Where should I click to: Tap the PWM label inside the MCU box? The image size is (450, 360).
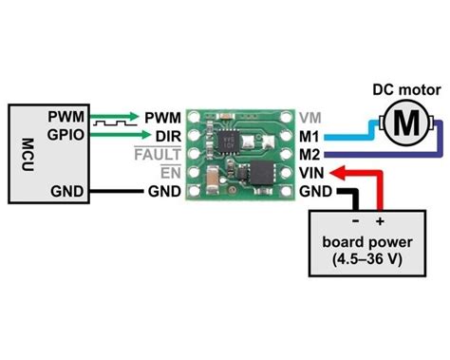pyautogui.click(x=65, y=118)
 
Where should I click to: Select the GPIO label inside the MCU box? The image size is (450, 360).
pyautogui.click(x=65, y=135)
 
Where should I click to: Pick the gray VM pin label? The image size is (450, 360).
pyautogui.click(x=309, y=118)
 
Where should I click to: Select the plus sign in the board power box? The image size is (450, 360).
pyautogui.click(x=379, y=220)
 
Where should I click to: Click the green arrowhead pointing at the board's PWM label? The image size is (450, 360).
pyautogui.click(x=133, y=118)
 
